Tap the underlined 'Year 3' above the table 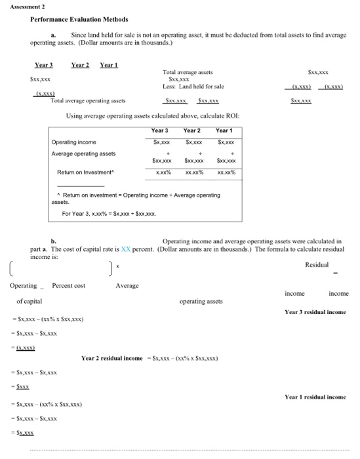click(43, 66)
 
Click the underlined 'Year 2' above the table click(80, 66)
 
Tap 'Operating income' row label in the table click(73, 142)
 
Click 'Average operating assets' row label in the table click(83, 153)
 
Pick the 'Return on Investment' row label click(85, 172)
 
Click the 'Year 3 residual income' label click(315, 312)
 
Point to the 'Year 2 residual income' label click(112, 358)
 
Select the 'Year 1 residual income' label click(315, 397)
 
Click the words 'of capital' click(30, 302)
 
